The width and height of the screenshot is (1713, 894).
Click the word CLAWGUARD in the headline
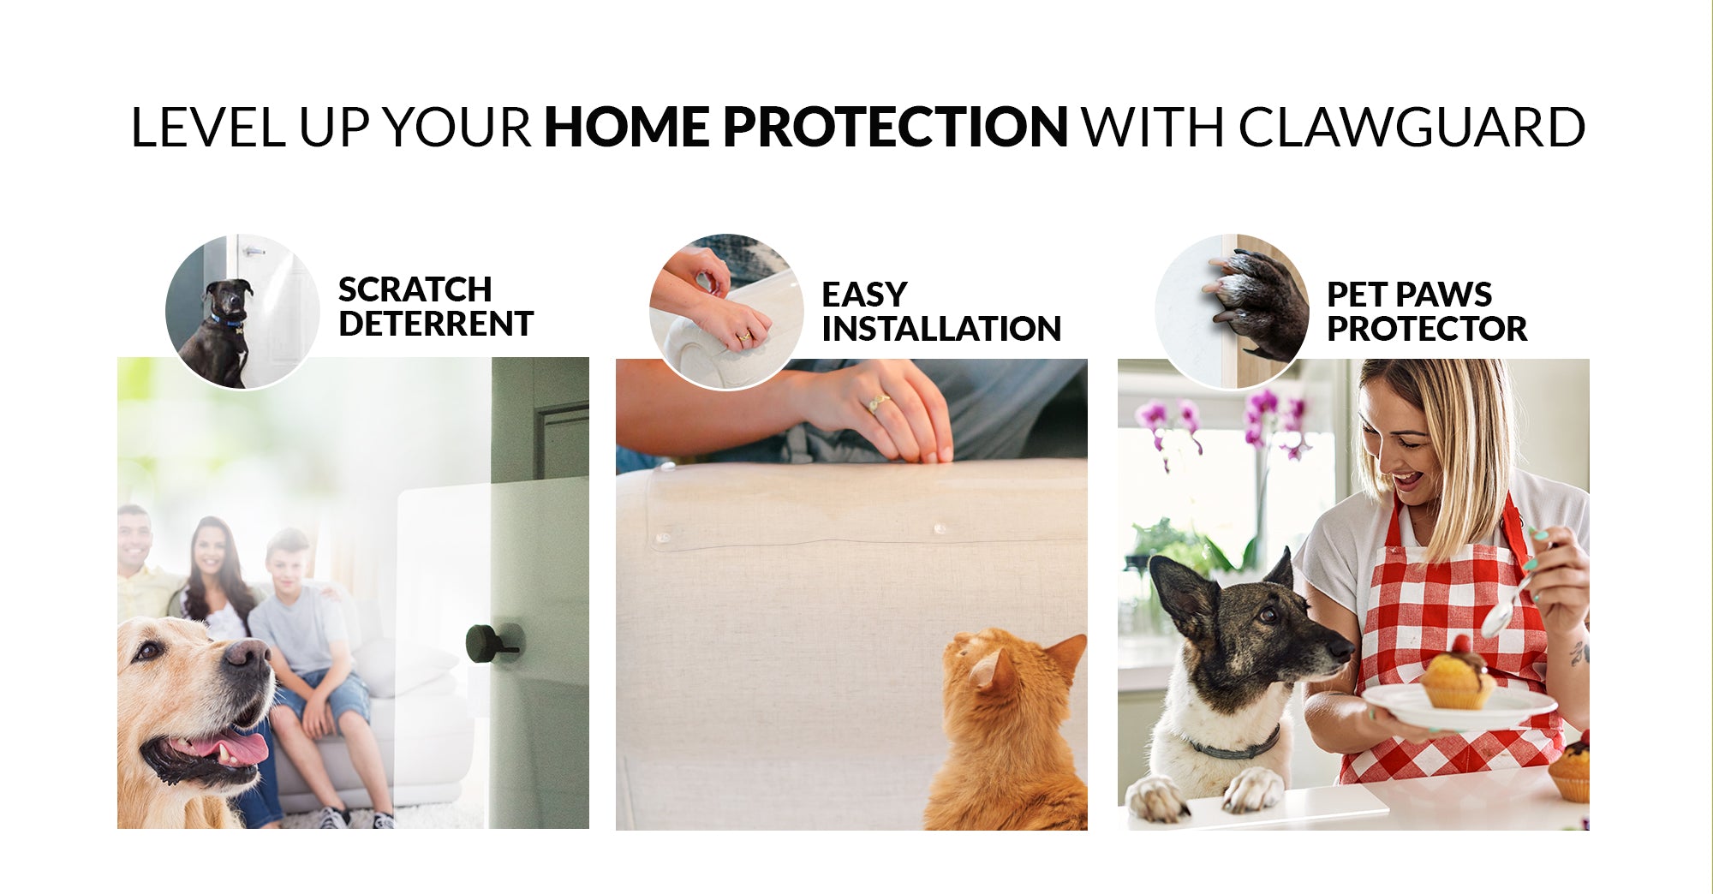click(x=1412, y=127)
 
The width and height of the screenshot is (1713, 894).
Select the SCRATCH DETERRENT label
click(x=436, y=307)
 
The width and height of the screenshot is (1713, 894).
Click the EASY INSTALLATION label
click(x=941, y=312)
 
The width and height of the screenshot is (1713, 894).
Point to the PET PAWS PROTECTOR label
click(x=1427, y=312)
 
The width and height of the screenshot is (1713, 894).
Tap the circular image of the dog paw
click(x=1232, y=312)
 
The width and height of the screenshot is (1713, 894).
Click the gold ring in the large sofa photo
click(x=879, y=402)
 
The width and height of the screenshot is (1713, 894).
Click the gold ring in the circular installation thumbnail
click(x=745, y=337)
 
